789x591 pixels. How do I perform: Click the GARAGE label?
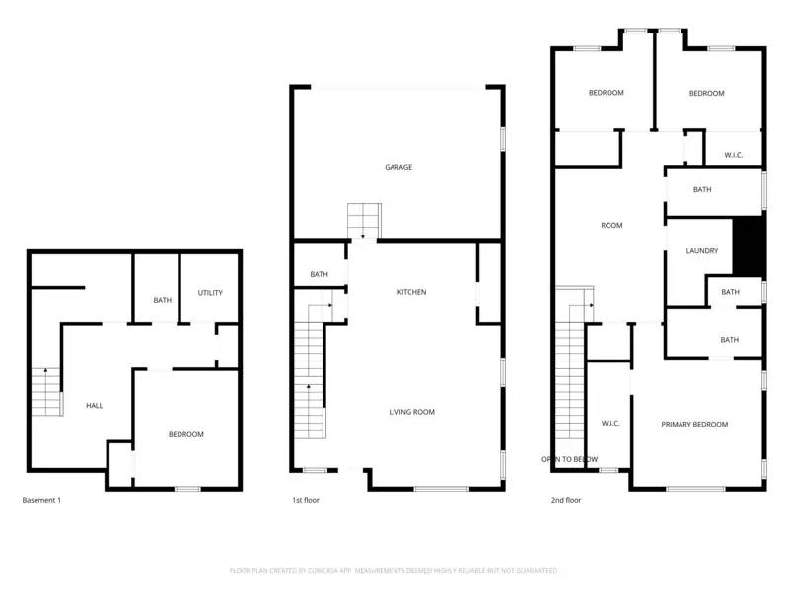click(x=398, y=167)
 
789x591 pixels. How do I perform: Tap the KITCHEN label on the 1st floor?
click(x=411, y=292)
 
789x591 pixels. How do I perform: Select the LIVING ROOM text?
click(x=411, y=412)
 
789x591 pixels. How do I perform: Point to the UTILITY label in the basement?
click(x=210, y=293)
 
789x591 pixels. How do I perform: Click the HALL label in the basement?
click(x=94, y=405)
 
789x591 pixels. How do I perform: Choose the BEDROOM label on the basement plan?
click(x=185, y=434)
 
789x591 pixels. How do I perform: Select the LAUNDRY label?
click(x=701, y=251)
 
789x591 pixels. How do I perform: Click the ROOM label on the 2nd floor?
click(x=611, y=226)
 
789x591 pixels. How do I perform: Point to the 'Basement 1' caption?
click(x=41, y=500)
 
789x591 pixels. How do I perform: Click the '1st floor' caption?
click(x=305, y=500)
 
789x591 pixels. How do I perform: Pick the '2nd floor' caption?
click(x=566, y=500)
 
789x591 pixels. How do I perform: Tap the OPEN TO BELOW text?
click(x=569, y=459)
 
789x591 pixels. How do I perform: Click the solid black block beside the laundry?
click(x=751, y=246)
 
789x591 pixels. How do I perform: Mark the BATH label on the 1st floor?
click(x=319, y=274)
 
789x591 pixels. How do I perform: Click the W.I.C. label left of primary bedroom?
click(x=610, y=424)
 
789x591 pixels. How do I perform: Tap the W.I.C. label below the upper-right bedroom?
click(x=733, y=155)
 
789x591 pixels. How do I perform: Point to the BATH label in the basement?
click(x=163, y=301)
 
